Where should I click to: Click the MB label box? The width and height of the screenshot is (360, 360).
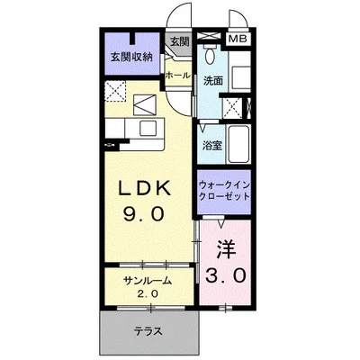click(238, 39)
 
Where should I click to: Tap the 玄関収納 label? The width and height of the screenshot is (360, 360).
click(131, 57)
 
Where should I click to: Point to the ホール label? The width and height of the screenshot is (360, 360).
click(176, 76)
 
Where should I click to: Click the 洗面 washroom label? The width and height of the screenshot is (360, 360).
click(212, 81)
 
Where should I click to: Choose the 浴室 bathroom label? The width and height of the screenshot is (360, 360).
click(212, 144)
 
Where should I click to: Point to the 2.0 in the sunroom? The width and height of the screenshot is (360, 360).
click(147, 294)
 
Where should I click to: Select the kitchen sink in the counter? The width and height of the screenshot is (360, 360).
click(144, 103)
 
